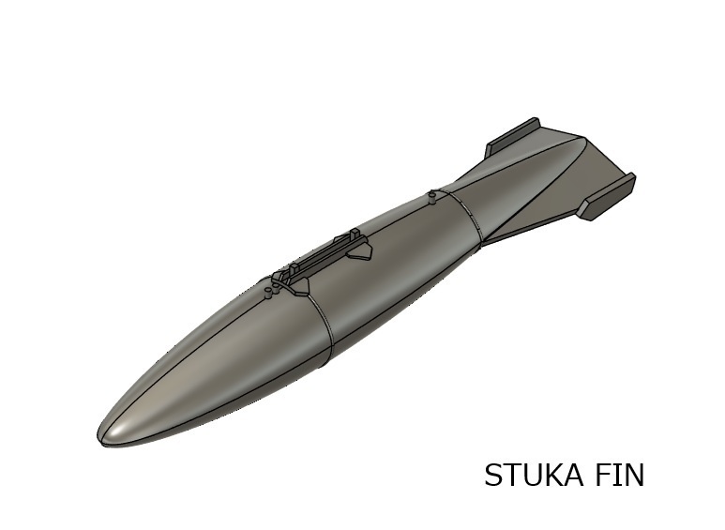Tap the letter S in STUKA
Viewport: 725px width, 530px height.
coord(493,476)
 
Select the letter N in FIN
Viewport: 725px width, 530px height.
coord(634,476)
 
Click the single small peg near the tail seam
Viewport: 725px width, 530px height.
coord(430,197)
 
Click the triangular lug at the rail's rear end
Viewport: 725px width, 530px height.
coord(359,251)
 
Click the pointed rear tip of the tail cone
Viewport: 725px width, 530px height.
coord(587,141)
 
